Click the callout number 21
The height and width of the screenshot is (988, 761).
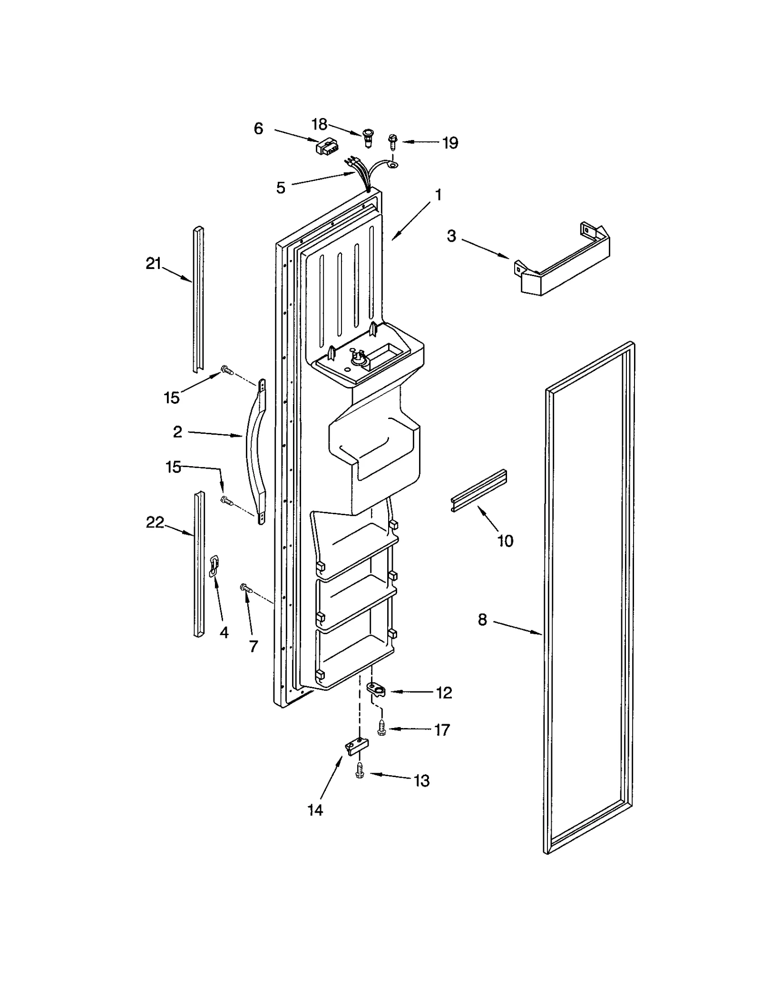point(153,263)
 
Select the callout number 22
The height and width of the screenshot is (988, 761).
point(155,522)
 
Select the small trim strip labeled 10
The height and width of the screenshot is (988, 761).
point(478,490)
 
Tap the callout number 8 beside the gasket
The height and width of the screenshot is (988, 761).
point(482,619)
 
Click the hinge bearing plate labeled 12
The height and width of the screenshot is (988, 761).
point(376,689)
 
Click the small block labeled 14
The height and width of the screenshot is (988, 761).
point(356,747)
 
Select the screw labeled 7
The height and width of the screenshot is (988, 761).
point(245,589)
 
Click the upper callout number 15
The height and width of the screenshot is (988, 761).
point(172,398)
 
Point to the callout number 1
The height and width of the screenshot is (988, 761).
point(438,195)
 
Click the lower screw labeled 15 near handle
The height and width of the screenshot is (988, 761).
point(226,500)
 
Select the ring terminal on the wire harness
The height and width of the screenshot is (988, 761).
point(393,165)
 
